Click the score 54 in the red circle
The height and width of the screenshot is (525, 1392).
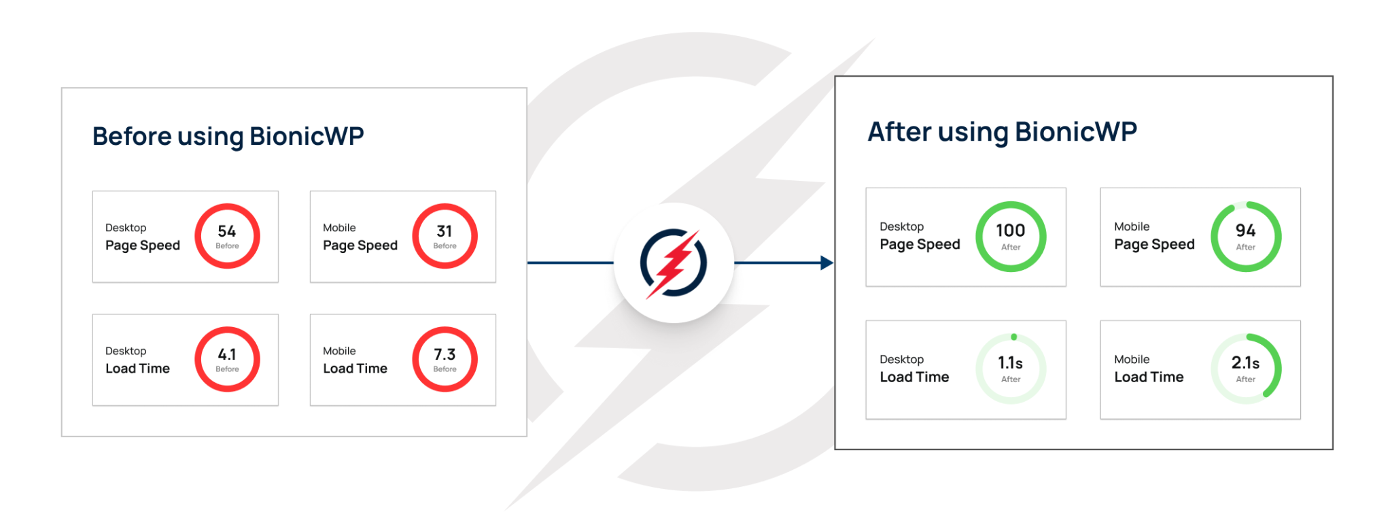click(x=227, y=231)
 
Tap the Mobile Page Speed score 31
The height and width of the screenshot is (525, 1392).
click(x=445, y=231)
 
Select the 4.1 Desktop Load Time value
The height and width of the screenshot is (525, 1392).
click(x=227, y=354)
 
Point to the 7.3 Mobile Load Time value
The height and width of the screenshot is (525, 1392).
click(x=445, y=354)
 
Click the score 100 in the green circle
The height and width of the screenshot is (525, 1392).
click(x=1011, y=231)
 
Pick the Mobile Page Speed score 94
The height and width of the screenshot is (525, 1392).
click(x=1245, y=231)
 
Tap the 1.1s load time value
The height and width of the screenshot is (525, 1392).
click(x=1011, y=363)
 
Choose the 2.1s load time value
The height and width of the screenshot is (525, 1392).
click(x=1245, y=363)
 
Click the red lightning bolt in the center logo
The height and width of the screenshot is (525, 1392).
click(x=674, y=264)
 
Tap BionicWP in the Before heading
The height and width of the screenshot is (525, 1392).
click(x=307, y=136)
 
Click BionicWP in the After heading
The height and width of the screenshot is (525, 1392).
click(x=1075, y=132)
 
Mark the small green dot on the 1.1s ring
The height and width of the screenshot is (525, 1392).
click(x=1014, y=337)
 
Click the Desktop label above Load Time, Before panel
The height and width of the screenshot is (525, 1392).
click(x=126, y=351)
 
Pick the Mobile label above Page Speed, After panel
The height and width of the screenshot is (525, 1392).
click(x=1132, y=226)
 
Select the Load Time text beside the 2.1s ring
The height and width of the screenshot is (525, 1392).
click(x=1149, y=377)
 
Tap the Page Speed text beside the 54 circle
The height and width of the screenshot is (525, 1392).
click(x=143, y=245)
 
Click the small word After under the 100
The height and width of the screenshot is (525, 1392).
click(x=1011, y=248)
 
